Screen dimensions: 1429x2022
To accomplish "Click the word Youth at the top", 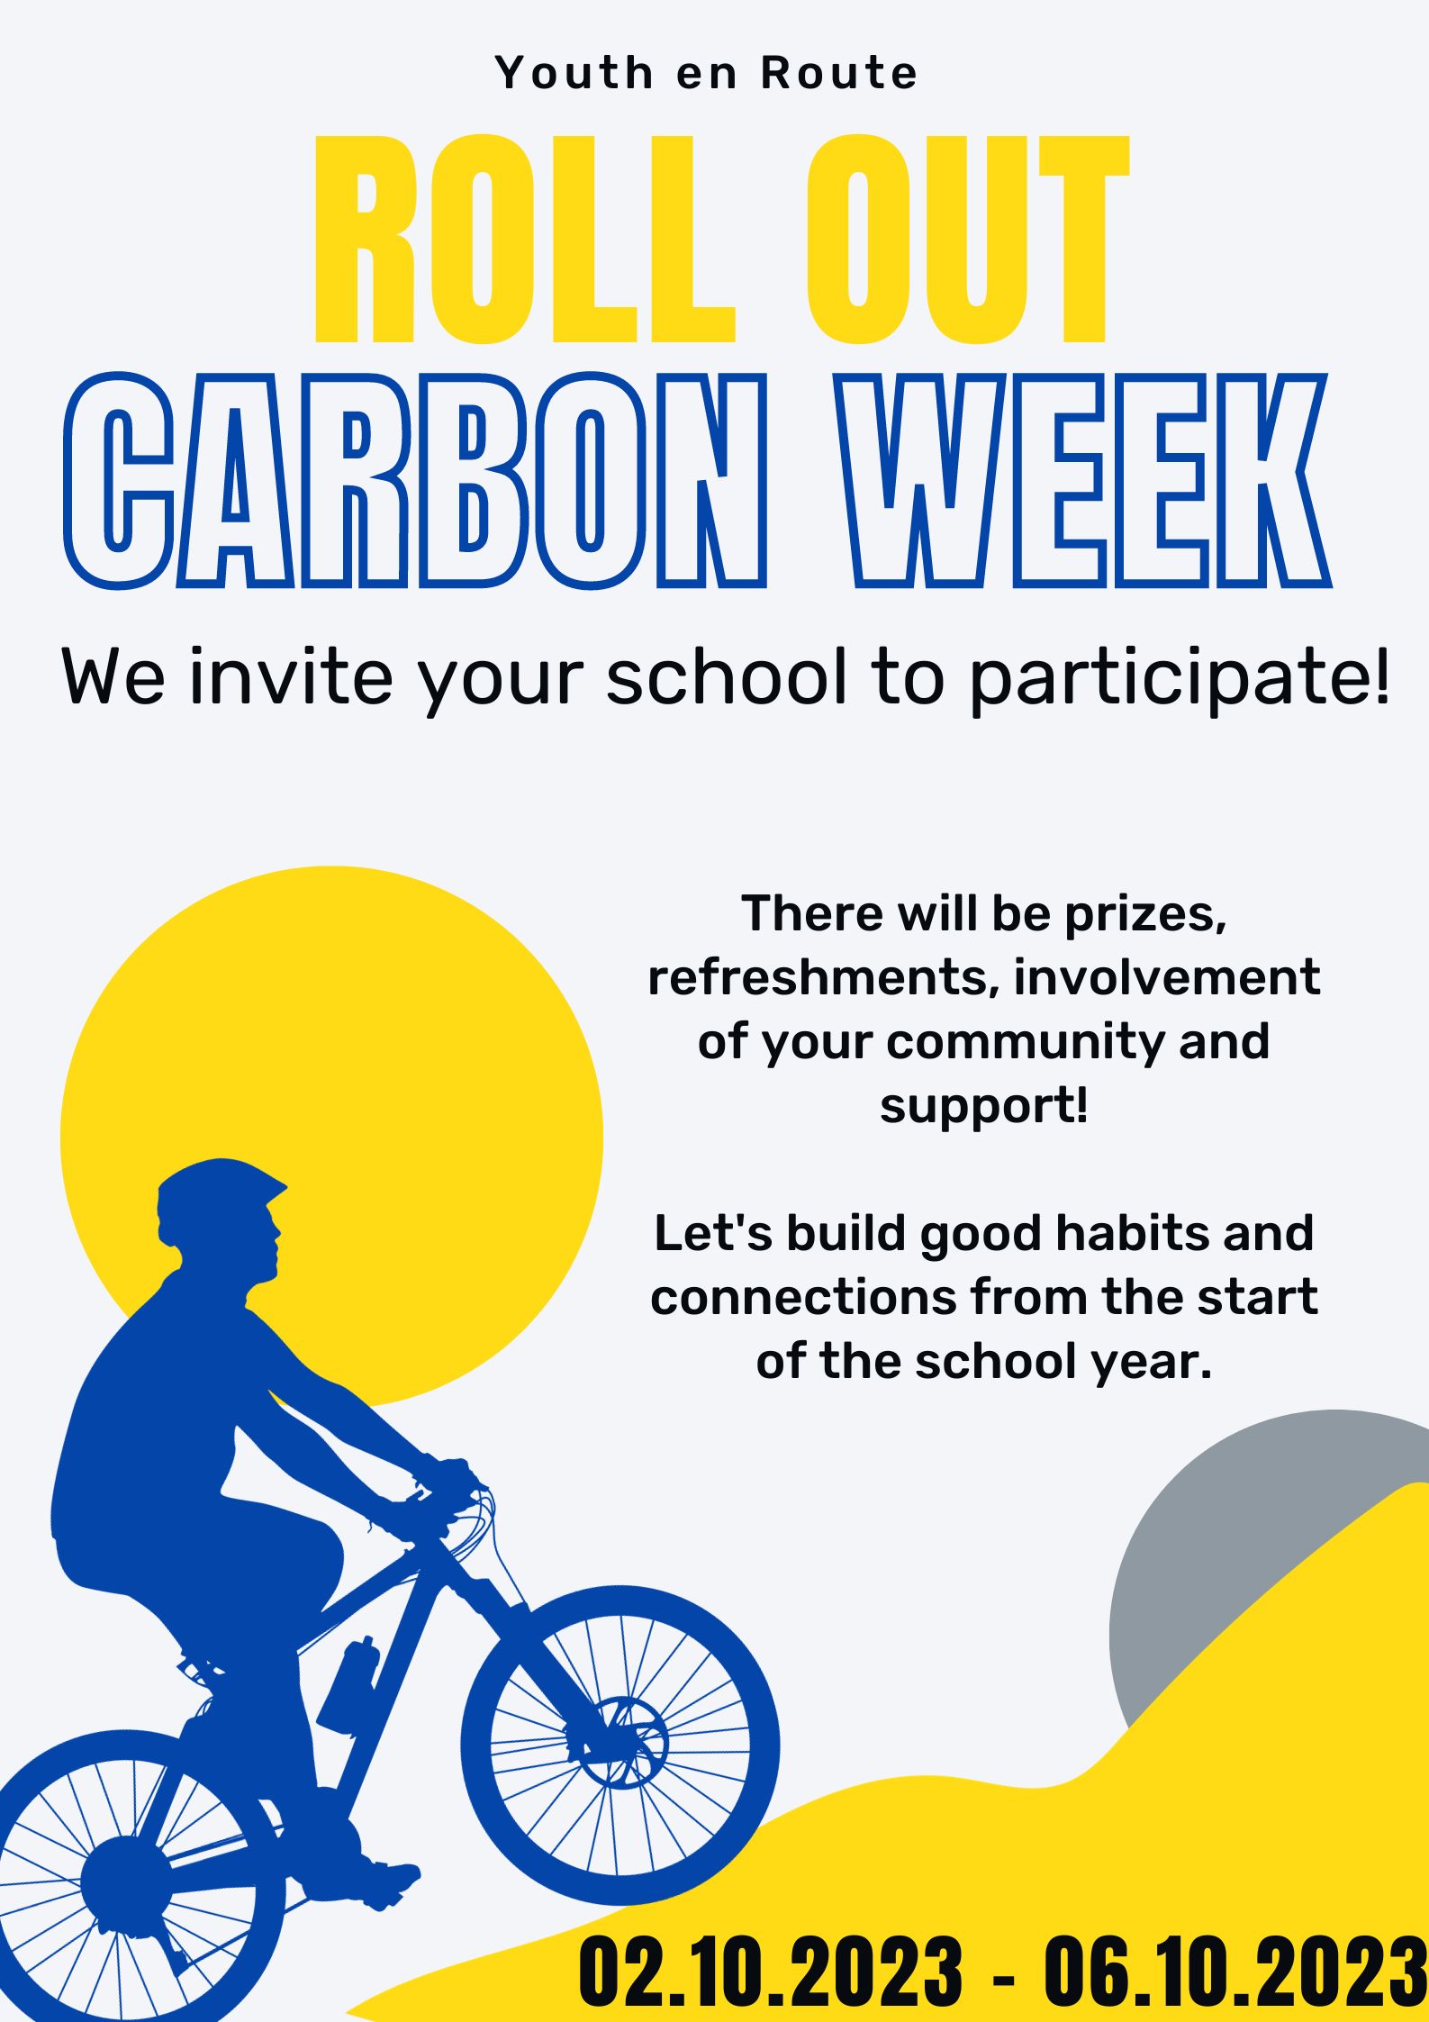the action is [574, 73].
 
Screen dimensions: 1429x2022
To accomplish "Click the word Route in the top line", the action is [839, 73].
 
